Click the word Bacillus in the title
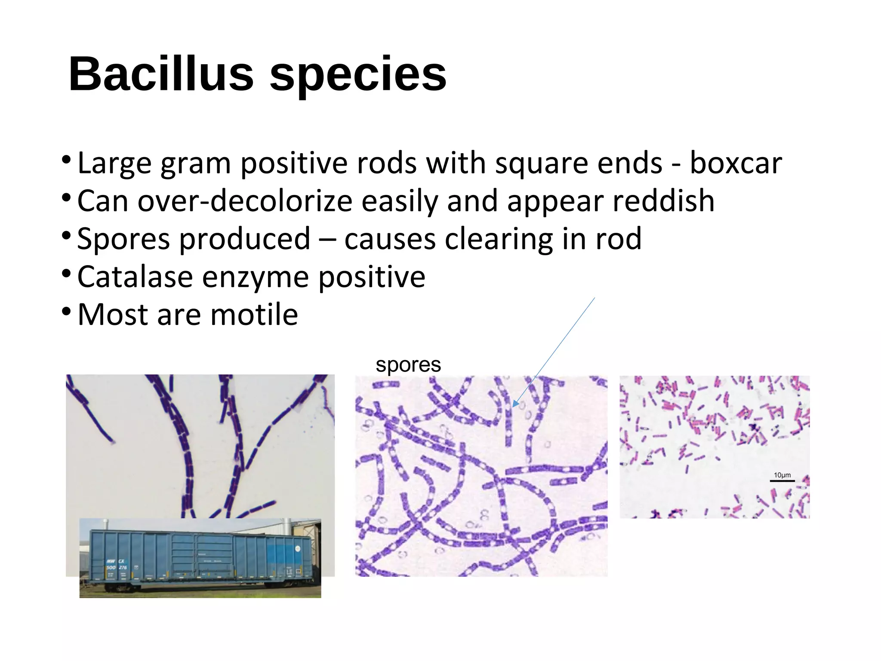(x=161, y=74)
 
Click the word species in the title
(x=358, y=74)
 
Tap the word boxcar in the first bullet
(x=736, y=164)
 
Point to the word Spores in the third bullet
(x=123, y=239)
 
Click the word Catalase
(x=135, y=277)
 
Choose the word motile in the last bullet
(x=254, y=315)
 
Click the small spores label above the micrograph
(x=408, y=365)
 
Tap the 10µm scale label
(x=782, y=475)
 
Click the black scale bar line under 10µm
(x=782, y=481)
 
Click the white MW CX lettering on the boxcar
(x=115, y=561)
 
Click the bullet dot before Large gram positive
(x=66, y=160)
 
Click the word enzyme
(x=255, y=277)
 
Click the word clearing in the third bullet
(x=498, y=239)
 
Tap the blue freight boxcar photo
(x=200, y=558)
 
